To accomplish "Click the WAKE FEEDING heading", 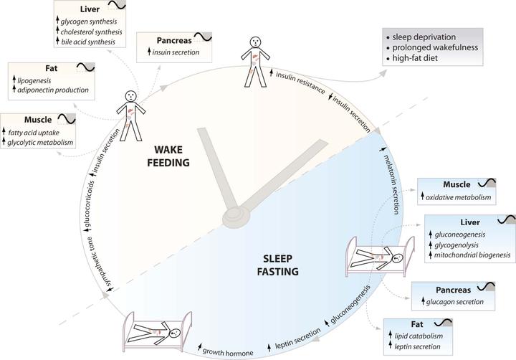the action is (x=168, y=156).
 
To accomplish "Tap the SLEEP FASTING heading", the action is (x=278, y=265).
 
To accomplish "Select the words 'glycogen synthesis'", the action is (x=89, y=22).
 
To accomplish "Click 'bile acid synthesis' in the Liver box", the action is (x=88, y=42).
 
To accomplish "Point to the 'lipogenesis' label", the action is (x=34, y=80).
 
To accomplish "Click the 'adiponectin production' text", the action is (x=53, y=90).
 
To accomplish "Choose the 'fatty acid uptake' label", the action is (x=34, y=133).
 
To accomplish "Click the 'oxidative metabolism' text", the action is (x=458, y=197).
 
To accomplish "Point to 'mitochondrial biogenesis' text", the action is (x=472, y=255).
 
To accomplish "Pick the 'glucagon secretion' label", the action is (x=455, y=302).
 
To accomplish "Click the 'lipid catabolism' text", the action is (x=419, y=336).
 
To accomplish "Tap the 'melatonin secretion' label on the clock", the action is (x=393, y=184).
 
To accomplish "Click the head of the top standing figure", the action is (x=255, y=42).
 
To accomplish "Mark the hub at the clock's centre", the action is (x=236, y=217).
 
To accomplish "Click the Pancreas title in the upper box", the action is (x=174, y=40).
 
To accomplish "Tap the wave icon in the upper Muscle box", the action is (x=67, y=119).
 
